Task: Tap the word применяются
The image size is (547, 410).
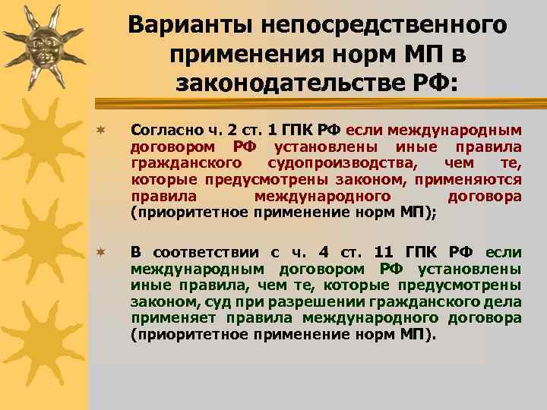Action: pyautogui.click(x=476, y=179)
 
